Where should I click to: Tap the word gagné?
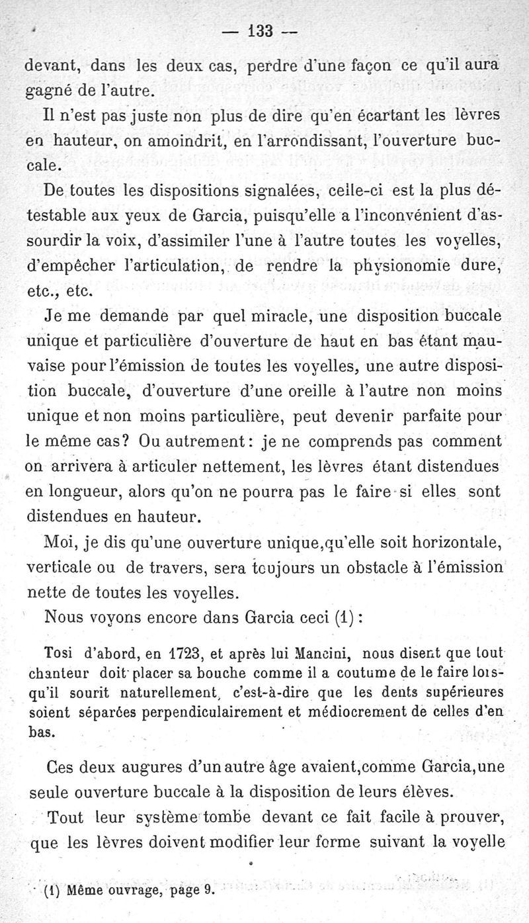[x=48, y=89]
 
